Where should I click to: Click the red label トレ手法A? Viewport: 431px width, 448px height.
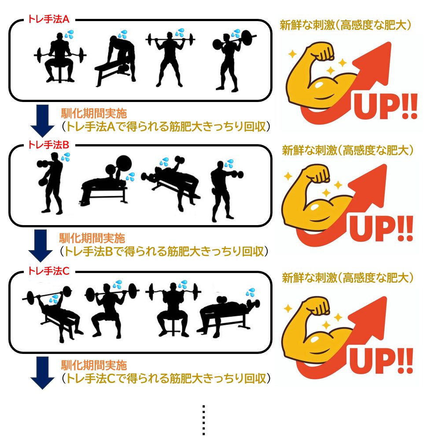click(48, 19)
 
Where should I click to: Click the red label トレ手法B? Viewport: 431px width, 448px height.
click(48, 145)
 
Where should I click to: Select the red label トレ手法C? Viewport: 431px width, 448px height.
click(48, 271)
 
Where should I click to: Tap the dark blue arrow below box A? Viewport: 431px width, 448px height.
click(42, 121)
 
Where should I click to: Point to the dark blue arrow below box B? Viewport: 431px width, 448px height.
click(41, 246)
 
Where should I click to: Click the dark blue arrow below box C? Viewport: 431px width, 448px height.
click(42, 373)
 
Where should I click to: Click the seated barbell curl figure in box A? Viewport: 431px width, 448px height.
click(60, 58)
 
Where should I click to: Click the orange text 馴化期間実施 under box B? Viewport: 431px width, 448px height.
click(92, 238)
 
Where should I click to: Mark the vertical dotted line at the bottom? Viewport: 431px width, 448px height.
click(203, 420)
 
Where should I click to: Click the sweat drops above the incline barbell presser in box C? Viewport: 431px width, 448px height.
click(54, 299)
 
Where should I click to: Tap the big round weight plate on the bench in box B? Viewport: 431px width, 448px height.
click(124, 164)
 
